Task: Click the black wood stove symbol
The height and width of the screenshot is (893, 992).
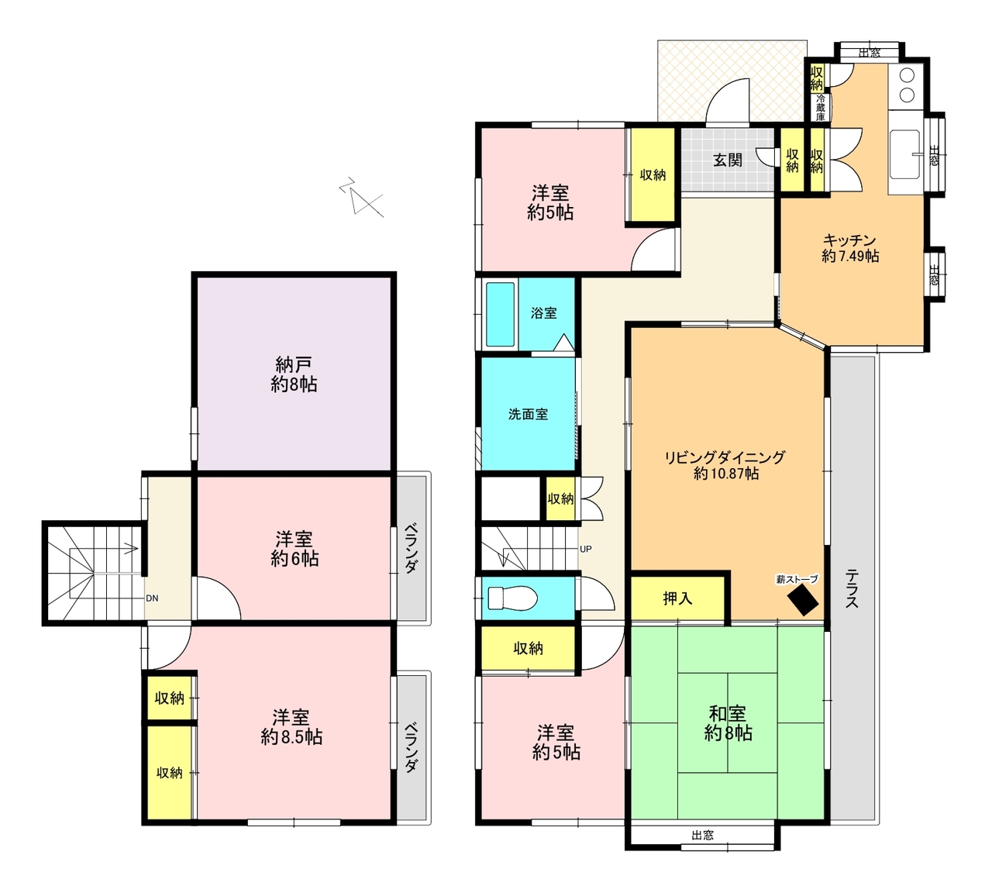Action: pos(803,600)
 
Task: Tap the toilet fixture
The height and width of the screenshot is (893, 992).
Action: pos(512,598)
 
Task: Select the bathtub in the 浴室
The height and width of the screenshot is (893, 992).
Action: pos(500,314)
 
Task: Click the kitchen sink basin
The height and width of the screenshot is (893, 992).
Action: pos(904,154)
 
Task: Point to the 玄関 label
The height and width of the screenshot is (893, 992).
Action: pos(728,160)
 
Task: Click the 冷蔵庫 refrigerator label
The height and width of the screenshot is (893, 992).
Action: pos(821,107)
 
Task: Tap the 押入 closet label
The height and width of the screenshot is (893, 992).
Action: pos(677,599)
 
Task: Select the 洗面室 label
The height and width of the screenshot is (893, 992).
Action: pos(528,414)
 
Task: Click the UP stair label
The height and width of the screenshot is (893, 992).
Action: pos(585,549)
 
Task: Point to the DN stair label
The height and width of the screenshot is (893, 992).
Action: pos(152,598)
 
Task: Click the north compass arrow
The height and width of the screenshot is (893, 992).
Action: pos(361,196)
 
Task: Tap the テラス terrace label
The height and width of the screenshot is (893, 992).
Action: pos(852,588)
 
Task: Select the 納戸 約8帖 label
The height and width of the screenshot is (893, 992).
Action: pos(294,374)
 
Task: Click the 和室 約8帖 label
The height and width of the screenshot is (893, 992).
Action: pos(728,722)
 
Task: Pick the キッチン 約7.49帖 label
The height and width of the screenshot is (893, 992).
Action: pos(850,248)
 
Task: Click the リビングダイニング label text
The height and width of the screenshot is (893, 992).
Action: pos(725,457)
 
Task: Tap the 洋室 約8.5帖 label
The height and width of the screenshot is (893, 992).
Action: pos(291,727)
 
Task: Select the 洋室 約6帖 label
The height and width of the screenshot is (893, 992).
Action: pos(294,549)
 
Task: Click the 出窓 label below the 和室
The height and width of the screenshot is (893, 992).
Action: pos(702,836)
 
